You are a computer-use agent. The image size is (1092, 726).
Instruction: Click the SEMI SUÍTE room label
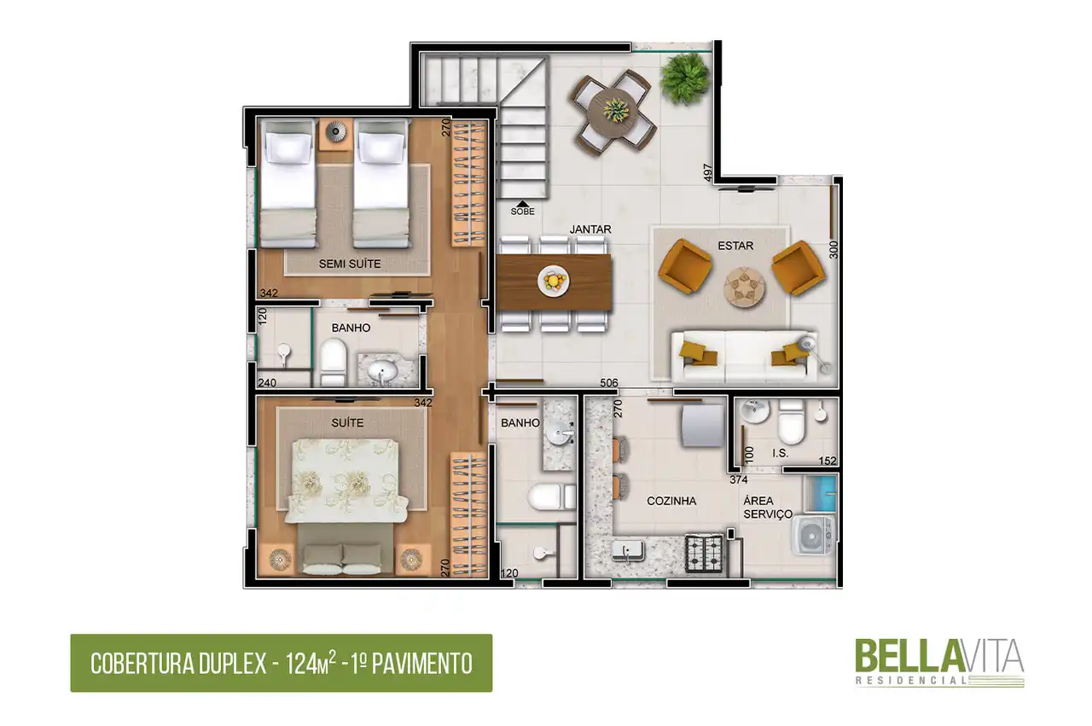[x=350, y=264]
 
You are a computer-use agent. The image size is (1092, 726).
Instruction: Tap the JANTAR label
[x=590, y=229]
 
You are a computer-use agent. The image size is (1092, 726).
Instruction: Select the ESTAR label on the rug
[x=735, y=246]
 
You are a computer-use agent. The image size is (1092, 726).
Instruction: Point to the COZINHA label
[x=671, y=501]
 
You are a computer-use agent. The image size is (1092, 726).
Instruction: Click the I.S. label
[x=780, y=453]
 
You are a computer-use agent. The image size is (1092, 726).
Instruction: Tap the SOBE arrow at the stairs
[x=522, y=204]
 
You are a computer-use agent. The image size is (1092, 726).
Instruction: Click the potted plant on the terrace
[x=684, y=78]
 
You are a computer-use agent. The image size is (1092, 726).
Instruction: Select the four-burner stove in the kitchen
[x=704, y=553]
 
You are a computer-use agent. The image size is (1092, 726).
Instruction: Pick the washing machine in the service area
[x=812, y=536]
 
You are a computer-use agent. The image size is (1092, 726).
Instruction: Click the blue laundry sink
[x=821, y=492]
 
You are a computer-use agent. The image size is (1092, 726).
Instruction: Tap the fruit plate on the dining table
[x=554, y=281]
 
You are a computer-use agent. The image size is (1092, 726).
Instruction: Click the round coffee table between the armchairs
[x=744, y=287]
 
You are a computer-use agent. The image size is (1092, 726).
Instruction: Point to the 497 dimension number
[x=708, y=172]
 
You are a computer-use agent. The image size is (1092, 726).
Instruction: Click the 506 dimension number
[x=609, y=383]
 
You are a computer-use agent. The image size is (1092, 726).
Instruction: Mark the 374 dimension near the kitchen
[x=739, y=479]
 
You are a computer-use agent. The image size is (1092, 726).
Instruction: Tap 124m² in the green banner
[x=311, y=663]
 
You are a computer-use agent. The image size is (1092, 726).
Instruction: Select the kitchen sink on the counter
[x=628, y=551]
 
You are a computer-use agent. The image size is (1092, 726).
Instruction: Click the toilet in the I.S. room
[x=791, y=421]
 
